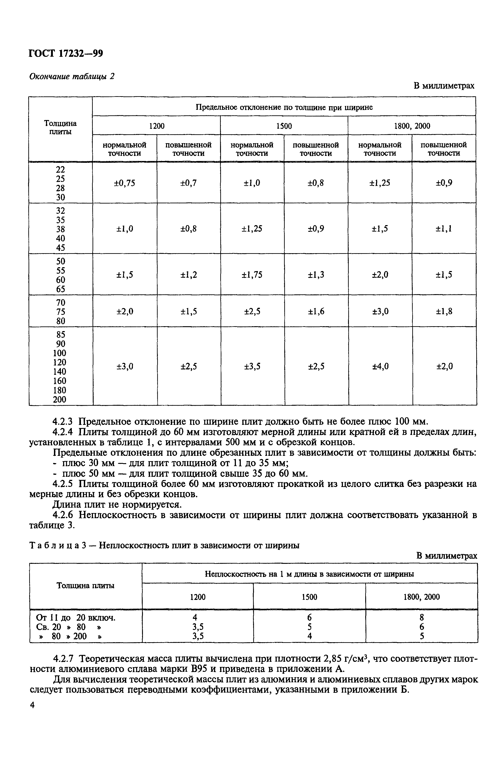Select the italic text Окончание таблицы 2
(x=72, y=77)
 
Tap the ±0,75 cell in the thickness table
(x=124, y=183)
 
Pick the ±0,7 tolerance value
(x=188, y=183)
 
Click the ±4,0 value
(x=380, y=366)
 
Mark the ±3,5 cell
(x=252, y=366)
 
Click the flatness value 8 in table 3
(x=422, y=617)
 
